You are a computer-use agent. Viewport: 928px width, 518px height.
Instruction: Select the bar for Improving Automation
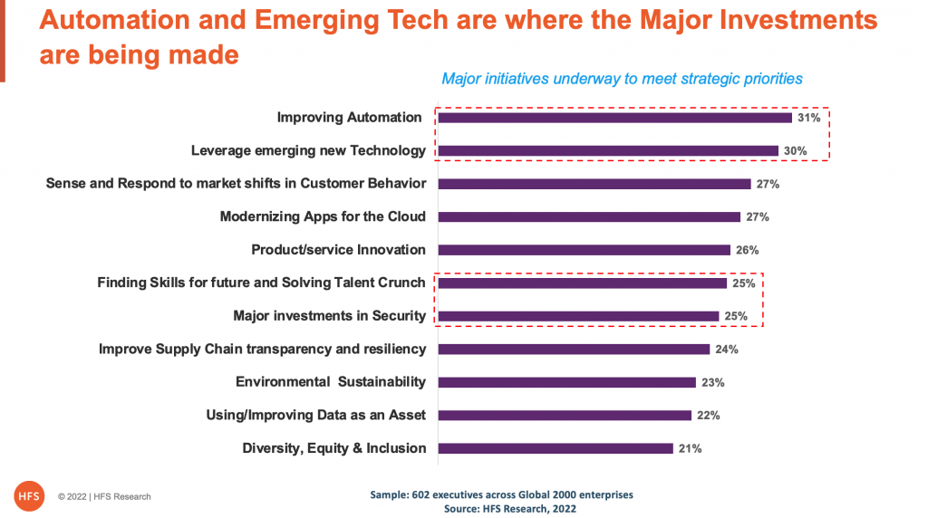pos(615,118)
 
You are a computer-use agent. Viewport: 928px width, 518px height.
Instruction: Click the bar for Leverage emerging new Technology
pos(608,150)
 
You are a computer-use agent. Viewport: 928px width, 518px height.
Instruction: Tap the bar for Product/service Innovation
pos(585,250)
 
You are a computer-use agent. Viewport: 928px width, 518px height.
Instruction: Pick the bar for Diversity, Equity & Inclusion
pos(556,448)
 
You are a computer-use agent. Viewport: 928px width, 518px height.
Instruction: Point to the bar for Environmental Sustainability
pos(567,382)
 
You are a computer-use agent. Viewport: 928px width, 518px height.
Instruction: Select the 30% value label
pos(795,151)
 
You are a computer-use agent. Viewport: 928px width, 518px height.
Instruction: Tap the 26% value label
pos(747,250)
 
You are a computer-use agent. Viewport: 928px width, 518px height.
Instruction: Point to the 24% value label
pos(727,350)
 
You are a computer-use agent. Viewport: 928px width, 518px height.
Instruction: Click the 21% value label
pos(690,448)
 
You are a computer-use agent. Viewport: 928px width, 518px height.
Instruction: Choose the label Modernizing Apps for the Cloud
pos(323,216)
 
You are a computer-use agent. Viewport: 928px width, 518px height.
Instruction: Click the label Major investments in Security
pos(329,316)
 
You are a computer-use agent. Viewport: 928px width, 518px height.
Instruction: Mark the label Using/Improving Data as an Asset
pos(316,415)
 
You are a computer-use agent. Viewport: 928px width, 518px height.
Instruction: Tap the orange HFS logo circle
pos(29,495)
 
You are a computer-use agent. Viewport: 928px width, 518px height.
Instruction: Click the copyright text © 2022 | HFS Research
pos(104,496)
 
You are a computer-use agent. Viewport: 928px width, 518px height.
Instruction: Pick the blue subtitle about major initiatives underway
pos(622,79)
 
